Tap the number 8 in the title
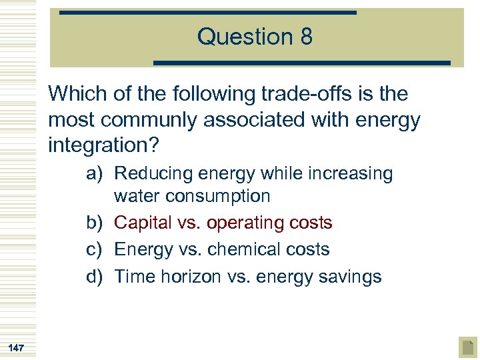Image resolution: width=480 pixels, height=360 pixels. [x=306, y=37]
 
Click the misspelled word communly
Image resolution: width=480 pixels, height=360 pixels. [x=163, y=121]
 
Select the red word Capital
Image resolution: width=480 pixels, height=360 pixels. [x=143, y=223]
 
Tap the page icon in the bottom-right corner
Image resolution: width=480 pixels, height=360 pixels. [x=468, y=347]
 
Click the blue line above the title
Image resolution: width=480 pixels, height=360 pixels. [x=207, y=12]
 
